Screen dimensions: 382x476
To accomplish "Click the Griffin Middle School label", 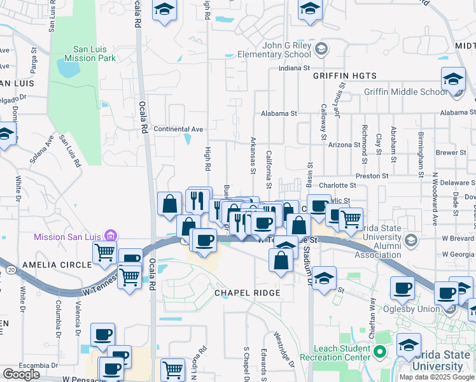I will tap(405, 92).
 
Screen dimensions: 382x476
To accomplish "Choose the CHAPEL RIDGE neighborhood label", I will tap(247, 293).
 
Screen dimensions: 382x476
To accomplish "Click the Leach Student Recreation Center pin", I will tap(381, 351).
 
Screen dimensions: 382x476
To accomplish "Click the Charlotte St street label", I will tap(336, 185).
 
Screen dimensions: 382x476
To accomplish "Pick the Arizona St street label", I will tap(344, 145).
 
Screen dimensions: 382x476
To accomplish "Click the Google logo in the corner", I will tap(21, 374).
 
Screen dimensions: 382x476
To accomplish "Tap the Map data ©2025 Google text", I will tap(437, 377).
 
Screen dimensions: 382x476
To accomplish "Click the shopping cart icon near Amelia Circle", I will tap(104, 252).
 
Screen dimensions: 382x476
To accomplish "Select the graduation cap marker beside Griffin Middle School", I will tap(453, 80).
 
